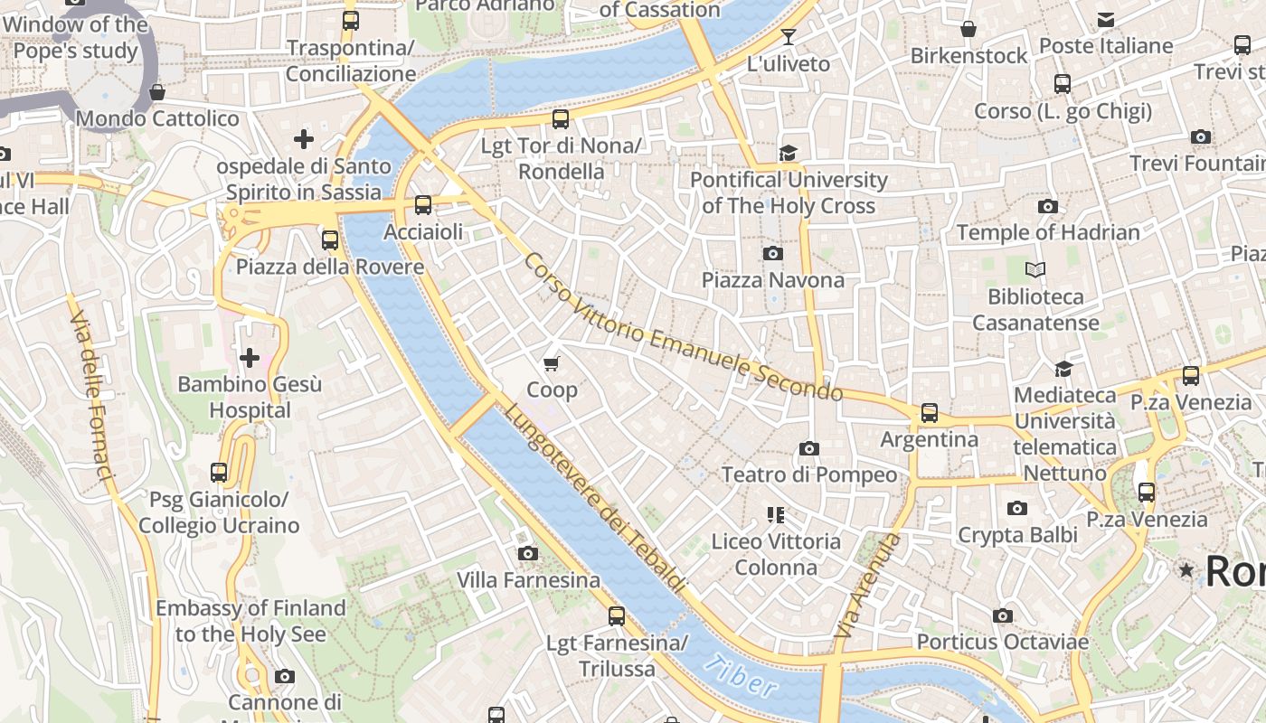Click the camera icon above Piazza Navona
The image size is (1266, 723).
[x=772, y=253]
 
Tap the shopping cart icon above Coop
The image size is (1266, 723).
[x=552, y=363]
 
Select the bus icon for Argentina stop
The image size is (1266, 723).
[x=929, y=413]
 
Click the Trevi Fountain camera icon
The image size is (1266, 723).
[x=1201, y=137]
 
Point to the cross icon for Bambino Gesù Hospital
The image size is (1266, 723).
[x=250, y=358]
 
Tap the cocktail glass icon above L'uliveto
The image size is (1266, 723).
[x=789, y=37]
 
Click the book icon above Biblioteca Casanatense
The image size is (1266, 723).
[x=1035, y=269]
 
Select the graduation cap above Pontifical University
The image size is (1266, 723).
[x=789, y=153]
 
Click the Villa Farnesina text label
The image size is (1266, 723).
[x=528, y=579]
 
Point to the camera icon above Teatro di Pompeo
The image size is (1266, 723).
[x=809, y=448]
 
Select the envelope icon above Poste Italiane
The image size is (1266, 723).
[x=1105, y=20]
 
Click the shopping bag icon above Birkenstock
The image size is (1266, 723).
[x=968, y=29]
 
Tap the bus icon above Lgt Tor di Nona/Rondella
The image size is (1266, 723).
[x=561, y=118]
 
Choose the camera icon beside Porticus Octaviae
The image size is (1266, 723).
[x=1002, y=615]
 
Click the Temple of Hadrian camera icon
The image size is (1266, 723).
[x=1048, y=206]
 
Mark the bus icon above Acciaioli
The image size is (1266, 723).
[x=422, y=205]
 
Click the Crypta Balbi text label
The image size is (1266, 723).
[x=1017, y=535]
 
